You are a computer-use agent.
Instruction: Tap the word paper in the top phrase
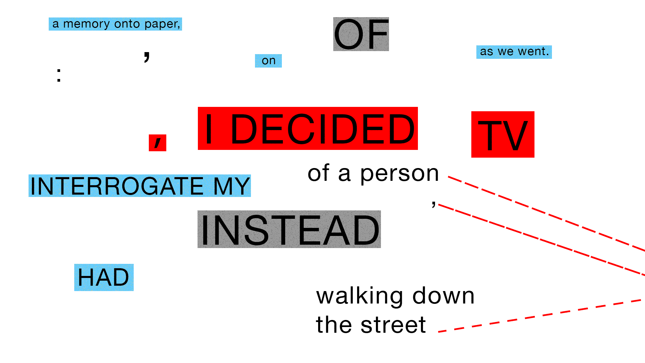coord(162,24)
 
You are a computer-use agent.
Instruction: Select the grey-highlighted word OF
coord(361,34)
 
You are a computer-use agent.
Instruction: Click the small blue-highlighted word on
coord(268,61)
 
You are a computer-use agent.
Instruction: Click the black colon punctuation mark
coord(59,75)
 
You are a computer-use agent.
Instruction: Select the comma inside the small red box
coord(158,142)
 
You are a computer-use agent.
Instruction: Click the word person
coord(399,174)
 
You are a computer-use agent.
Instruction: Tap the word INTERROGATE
coord(117,186)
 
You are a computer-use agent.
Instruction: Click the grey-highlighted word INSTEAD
coord(289,230)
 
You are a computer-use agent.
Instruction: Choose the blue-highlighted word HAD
coord(103,278)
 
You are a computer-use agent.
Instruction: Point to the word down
coord(443,296)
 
